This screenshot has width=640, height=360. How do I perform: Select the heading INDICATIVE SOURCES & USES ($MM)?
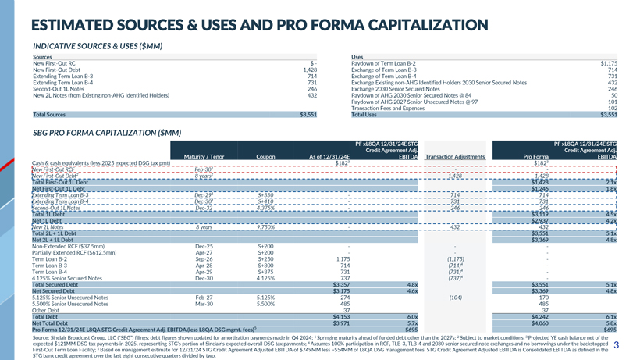[98, 46]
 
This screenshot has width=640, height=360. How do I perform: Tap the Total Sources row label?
[49, 115]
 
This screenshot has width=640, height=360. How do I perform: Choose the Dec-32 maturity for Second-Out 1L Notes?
[204, 208]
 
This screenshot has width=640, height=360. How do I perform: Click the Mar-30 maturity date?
[204, 303]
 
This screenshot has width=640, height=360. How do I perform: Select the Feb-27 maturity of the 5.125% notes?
[204, 298]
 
